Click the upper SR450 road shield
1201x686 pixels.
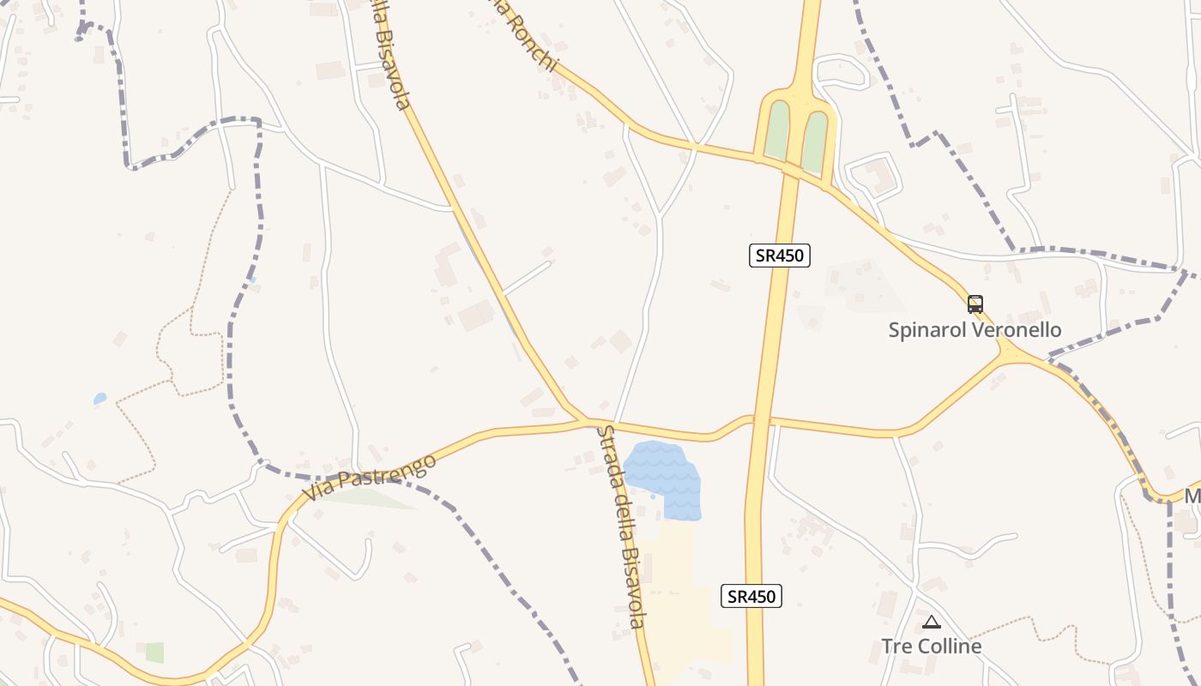pos(779,255)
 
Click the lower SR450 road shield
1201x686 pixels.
pos(751,596)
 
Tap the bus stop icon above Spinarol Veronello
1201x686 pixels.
pos(975,304)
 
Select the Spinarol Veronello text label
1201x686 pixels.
pos(975,330)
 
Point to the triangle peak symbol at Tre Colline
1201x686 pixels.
pos(932,622)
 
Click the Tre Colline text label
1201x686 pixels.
pos(932,646)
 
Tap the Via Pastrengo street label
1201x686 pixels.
pos(369,478)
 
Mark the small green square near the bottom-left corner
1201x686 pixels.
pos(154,653)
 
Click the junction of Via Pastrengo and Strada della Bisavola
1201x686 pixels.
pos(588,421)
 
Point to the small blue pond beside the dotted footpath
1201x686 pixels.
pos(100,399)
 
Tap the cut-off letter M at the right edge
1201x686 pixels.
pos(1192,496)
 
